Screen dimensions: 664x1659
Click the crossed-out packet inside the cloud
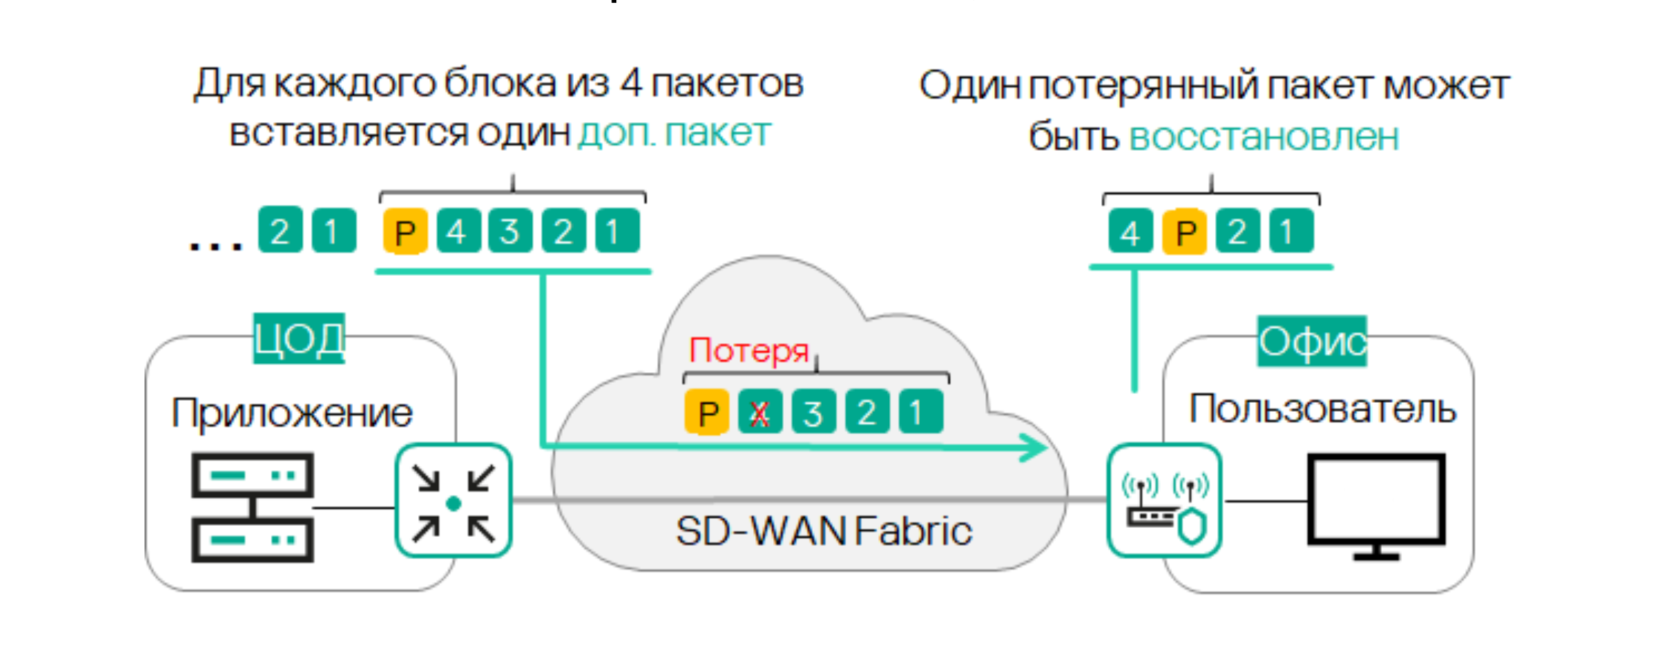(x=759, y=412)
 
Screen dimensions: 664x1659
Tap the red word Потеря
(x=749, y=351)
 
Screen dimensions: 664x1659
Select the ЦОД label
(x=299, y=339)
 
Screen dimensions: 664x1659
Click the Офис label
(x=1312, y=342)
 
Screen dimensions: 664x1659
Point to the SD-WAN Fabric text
(x=823, y=532)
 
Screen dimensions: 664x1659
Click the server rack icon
(x=252, y=507)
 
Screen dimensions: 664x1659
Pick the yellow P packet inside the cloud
(x=707, y=412)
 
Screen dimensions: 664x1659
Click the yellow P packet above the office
(x=1185, y=231)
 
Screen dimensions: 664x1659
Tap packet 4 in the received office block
(x=1130, y=231)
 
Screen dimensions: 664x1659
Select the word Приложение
(x=292, y=413)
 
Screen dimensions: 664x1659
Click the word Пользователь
(x=1322, y=409)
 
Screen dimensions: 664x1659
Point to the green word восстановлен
(x=1264, y=138)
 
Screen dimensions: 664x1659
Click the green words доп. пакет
(x=674, y=133)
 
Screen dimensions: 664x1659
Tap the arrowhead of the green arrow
(x=1035, y=447)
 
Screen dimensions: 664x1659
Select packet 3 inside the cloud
(x=813, y=412)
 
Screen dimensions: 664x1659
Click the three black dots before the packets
(x=216, y=245)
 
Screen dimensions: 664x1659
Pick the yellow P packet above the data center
(x=405, y=231)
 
